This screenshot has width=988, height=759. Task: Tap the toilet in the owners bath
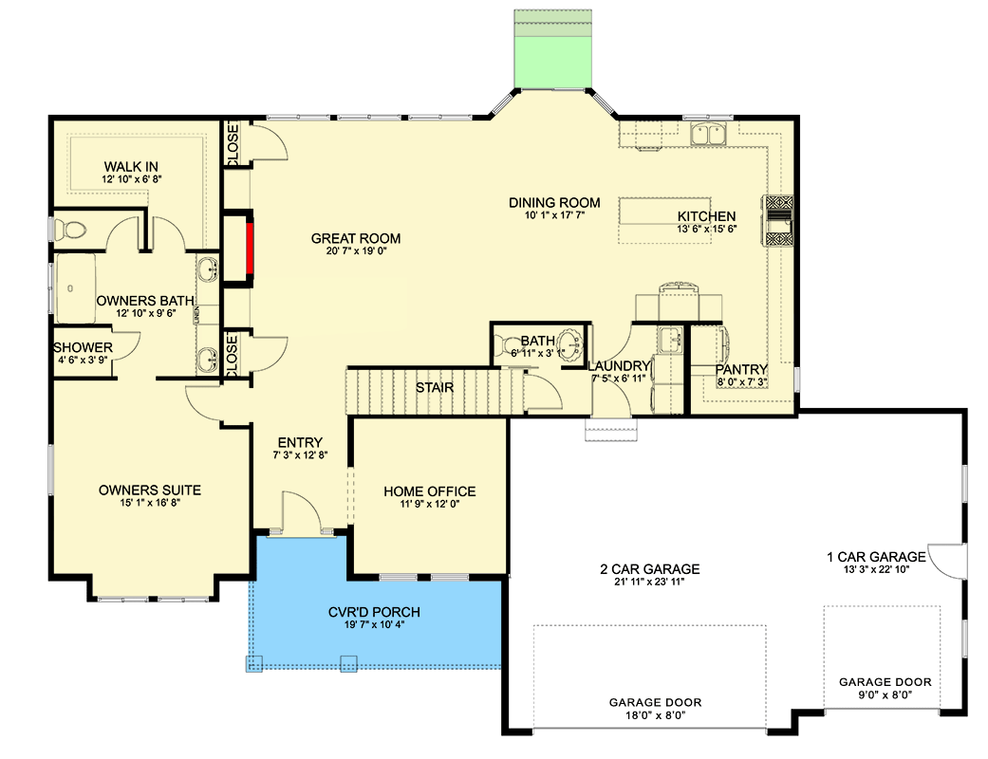tap(70, 230)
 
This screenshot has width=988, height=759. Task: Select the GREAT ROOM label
tap(356, 239)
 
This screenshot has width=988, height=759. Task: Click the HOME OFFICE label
tap(429, 491)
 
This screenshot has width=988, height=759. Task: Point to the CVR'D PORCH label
tap(368, 613)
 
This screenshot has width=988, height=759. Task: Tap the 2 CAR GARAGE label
tap(649, 569)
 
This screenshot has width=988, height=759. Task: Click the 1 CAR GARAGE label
tap(876, 557)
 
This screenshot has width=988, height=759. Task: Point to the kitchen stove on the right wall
tap(779, 220)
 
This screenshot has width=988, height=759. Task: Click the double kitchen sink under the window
tap(709, 135)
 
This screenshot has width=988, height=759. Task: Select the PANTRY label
tap(741, 369)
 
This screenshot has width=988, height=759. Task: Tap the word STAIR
tap(435, 388)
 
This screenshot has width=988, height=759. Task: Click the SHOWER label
tap(83, 348)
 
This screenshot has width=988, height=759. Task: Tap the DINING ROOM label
tap(554, 202)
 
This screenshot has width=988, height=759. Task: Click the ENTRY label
tap(300, 443)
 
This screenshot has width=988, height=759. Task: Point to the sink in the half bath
tap(570, 342)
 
